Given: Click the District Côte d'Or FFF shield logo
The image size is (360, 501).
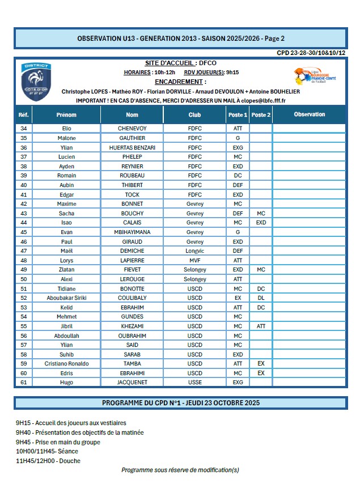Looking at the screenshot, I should (37, 82).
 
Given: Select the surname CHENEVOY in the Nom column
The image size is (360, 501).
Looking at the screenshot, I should (132, 129).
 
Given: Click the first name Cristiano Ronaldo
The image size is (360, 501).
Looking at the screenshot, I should (66, 363).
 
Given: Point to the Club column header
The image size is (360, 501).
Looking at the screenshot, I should (194, 114).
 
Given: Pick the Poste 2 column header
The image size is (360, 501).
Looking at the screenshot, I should (261, 114).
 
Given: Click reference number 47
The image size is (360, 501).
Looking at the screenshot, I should (24, 250).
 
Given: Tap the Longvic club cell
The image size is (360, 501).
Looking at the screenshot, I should (194, 250).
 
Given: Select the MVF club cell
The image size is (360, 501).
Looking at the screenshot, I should (194, 260).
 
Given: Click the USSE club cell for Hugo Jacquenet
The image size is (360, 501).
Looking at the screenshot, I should (194, 383).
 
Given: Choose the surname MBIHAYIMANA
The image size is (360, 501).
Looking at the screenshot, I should (132, 232).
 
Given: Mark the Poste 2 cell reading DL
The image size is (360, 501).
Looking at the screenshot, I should (261, 298).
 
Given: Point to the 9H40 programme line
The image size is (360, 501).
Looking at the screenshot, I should (80, 432).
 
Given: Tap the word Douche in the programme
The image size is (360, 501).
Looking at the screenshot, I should (70, 461).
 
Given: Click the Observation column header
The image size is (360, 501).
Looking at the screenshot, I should (310, 114).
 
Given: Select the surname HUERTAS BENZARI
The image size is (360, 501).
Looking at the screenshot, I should (132, 147).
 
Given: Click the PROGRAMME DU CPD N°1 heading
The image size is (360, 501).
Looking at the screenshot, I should (180, 403).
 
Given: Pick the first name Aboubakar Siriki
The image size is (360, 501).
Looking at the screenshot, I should (66, 298).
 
